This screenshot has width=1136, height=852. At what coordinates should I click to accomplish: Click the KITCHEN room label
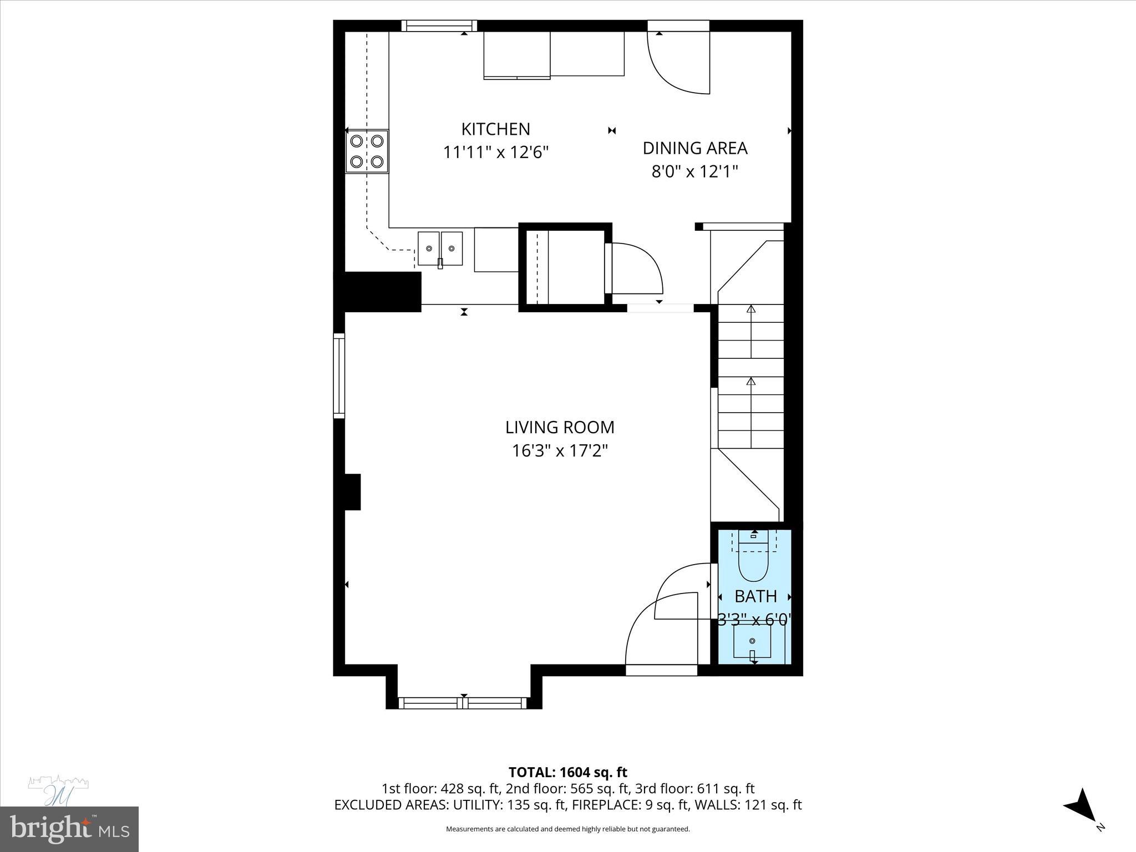click(x=495, y=129)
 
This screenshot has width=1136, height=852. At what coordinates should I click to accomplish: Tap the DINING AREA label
click(x=694, y=148)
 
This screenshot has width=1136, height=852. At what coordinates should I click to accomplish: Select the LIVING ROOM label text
click(x=559, y=427)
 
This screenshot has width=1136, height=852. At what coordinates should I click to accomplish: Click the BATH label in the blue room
click(x=755, y=596)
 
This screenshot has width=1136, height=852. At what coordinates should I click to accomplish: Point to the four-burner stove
click(x=367, y=151)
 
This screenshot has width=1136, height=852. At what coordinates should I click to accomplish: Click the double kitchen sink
click(x=440, y=249)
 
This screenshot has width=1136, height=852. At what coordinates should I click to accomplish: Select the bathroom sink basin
click(x=752, y=642)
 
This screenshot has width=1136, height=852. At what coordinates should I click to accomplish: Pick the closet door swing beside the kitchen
click(x=636, y=270)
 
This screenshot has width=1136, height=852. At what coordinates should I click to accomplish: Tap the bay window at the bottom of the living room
click(x=463, y=703)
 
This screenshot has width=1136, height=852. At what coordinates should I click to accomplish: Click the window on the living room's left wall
click(x=339, y=375)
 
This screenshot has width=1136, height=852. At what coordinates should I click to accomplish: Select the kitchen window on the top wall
click(x=439, y=26)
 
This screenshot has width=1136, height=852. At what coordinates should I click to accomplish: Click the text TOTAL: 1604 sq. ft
click(x=567, y=772)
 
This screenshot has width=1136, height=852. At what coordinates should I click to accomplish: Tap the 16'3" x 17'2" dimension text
click(x=559, y=451)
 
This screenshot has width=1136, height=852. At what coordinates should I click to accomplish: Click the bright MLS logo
click(x=69, y=829)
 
